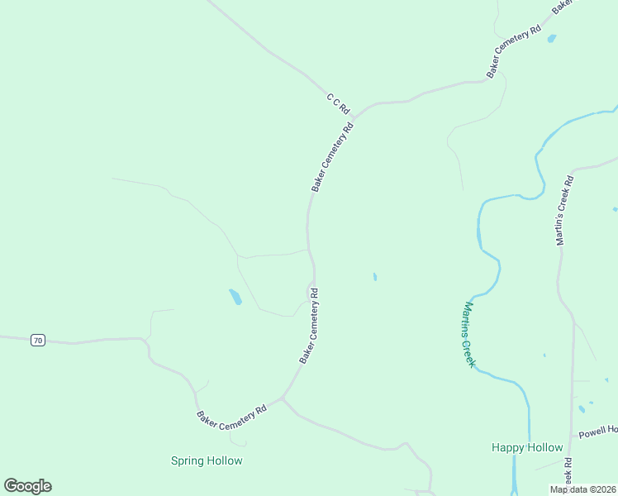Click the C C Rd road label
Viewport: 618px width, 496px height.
click(x=339, y=103)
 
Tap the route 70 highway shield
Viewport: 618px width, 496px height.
click(x=38, y=340)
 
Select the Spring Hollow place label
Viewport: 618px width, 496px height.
click(x=207, y=460)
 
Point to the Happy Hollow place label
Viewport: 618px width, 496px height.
click(x=527, y=447)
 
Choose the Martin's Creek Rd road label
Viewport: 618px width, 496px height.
click(x=564, y=210)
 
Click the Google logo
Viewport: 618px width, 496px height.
click(x=27, y=486)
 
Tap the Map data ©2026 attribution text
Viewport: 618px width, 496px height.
click(x=582, y=489)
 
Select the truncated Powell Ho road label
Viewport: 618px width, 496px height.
click(x=597, y=432)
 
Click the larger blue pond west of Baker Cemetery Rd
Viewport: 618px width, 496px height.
click(x=235, y=296)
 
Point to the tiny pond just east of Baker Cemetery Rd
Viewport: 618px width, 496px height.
click(x=375, y=277)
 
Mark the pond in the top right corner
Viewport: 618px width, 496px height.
click(x=552, y=38)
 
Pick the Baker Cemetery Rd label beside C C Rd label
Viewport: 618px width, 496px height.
click(x=332, y=157)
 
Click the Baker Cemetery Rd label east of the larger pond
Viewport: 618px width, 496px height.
click(x=309, y=326)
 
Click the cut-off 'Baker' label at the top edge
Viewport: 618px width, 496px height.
click(x=563, y=6)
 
